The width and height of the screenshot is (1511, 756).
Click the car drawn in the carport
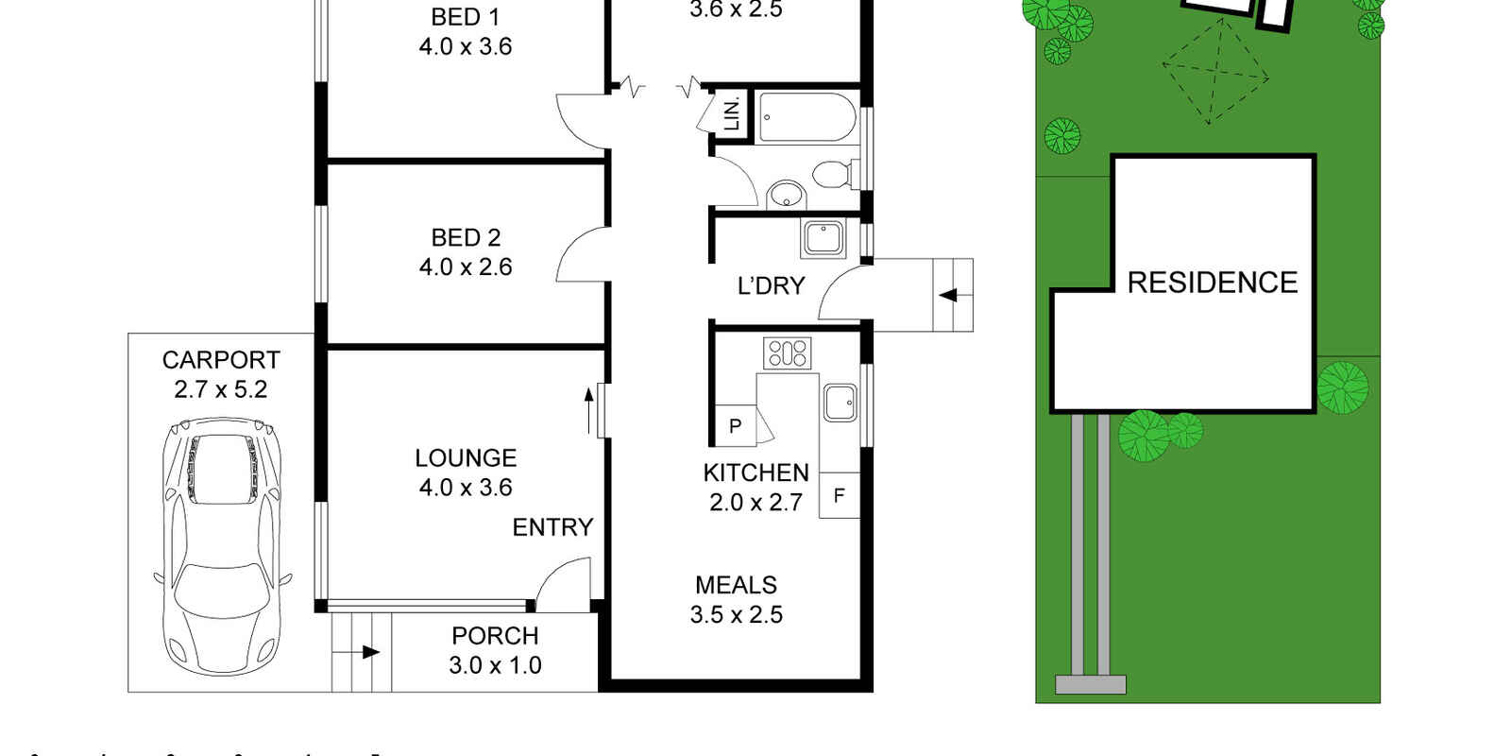coord(222,548)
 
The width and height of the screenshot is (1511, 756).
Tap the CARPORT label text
coord(221,360)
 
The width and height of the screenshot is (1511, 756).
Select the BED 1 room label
coord(465,17)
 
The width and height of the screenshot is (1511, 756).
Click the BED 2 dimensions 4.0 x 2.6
coord(466,267)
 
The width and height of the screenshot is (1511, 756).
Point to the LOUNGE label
coord(466,458)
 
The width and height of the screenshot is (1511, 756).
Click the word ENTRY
coord(552,527)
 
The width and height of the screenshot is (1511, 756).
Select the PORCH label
coord(495,636)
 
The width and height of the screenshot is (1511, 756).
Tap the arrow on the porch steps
coord(368,652)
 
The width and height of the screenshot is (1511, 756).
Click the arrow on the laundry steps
coord(948,296)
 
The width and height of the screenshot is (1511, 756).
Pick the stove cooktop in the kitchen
coord(787,352)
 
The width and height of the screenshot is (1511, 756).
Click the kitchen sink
coord(839,403)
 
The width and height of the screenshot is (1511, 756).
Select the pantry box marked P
coord(735,426)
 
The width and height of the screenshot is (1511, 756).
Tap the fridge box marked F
coord(839,496)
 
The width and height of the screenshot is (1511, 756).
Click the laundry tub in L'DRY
coord(823,237)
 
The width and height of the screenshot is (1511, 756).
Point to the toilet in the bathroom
coord(833,175)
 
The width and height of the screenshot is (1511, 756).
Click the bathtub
coord(806,117)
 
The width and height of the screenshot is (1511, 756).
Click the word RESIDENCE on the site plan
coord(1212,283)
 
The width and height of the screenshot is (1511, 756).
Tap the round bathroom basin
coord(785,196)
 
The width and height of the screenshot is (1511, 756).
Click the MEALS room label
coord(736,585)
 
